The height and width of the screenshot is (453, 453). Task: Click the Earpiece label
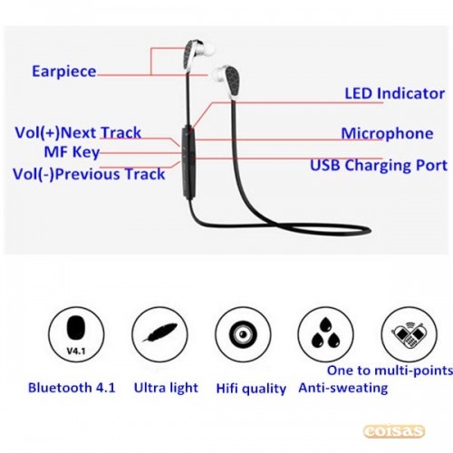click(x=64, y=72)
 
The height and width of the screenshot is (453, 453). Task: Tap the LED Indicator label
click(x=395, y=93)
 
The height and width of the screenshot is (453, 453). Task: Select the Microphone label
click(x=387, y=133)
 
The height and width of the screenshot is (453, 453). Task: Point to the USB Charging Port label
click(x=379, y=166)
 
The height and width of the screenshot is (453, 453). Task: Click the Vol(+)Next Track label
click(x=78, y=132)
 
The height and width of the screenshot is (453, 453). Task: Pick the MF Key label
click(x=72, y=152)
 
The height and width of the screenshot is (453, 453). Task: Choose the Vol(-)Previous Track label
click(x=89, y=174)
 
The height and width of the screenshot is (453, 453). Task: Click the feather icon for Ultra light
click(x=160, y=332)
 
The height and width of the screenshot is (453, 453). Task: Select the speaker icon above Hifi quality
click(x=243, y=334)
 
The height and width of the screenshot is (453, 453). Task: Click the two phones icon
click(x=409, y=335)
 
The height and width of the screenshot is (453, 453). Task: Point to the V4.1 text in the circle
click(x=76, y=351)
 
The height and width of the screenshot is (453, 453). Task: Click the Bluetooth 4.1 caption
click(x=72, y=388)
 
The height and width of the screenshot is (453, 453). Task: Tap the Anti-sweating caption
click(x=343, y=388)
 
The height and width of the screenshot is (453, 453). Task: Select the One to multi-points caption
click(x=390, y=371)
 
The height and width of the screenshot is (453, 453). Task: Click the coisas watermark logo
click(x=394, y=431)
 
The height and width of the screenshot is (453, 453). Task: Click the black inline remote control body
click(x=188, y=164)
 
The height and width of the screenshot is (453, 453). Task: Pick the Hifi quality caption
click(x=251, y=389)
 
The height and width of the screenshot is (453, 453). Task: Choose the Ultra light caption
click(x=166, y=388)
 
